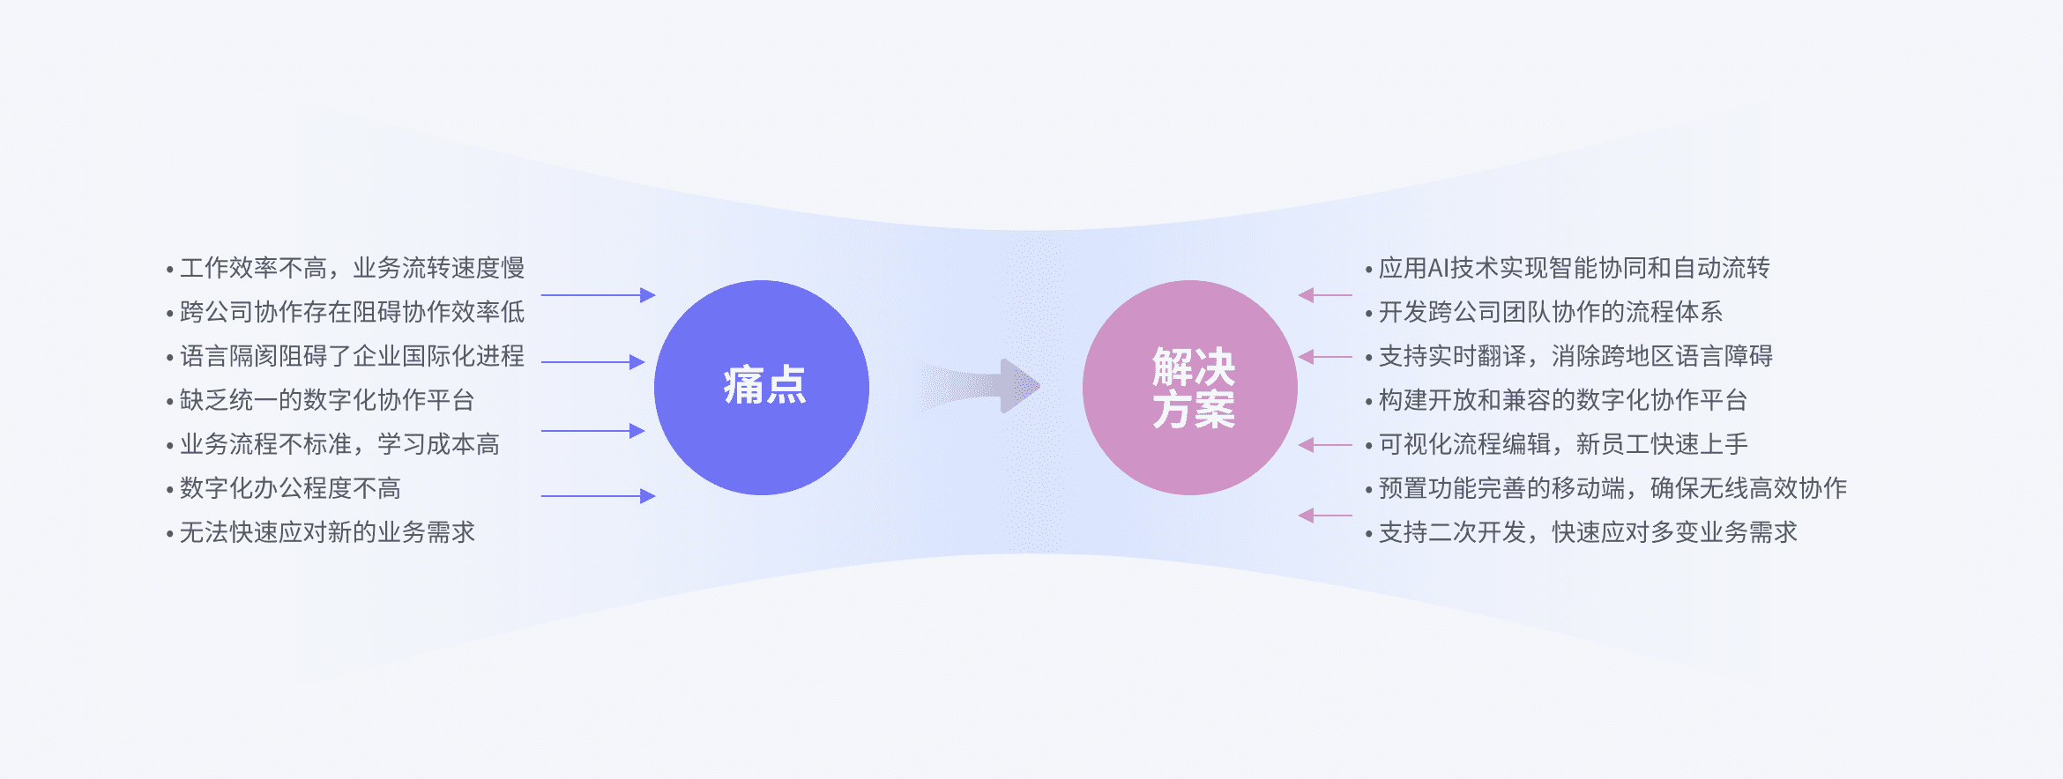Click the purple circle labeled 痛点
coord(762,388)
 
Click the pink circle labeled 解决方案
coord(1190,388)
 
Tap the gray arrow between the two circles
coord(980,386)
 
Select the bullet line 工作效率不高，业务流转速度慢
coord(346,268)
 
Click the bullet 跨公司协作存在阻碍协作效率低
coord(346,312)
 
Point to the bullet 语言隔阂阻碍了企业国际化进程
coord(346,356)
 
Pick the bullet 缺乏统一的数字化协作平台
coord(321,400)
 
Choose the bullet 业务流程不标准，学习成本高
coord(333,444)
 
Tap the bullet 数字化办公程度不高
coord(284,488)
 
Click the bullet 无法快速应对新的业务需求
coord(321,532)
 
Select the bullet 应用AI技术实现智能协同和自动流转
coord(1568,268)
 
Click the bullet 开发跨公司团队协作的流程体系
coord(1544,312)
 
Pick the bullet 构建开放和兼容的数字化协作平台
coord(1556,400)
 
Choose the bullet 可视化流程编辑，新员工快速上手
coord(1556,444)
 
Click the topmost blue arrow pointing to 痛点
coord(598,295)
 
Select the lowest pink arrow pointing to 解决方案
coord(1325,516)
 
